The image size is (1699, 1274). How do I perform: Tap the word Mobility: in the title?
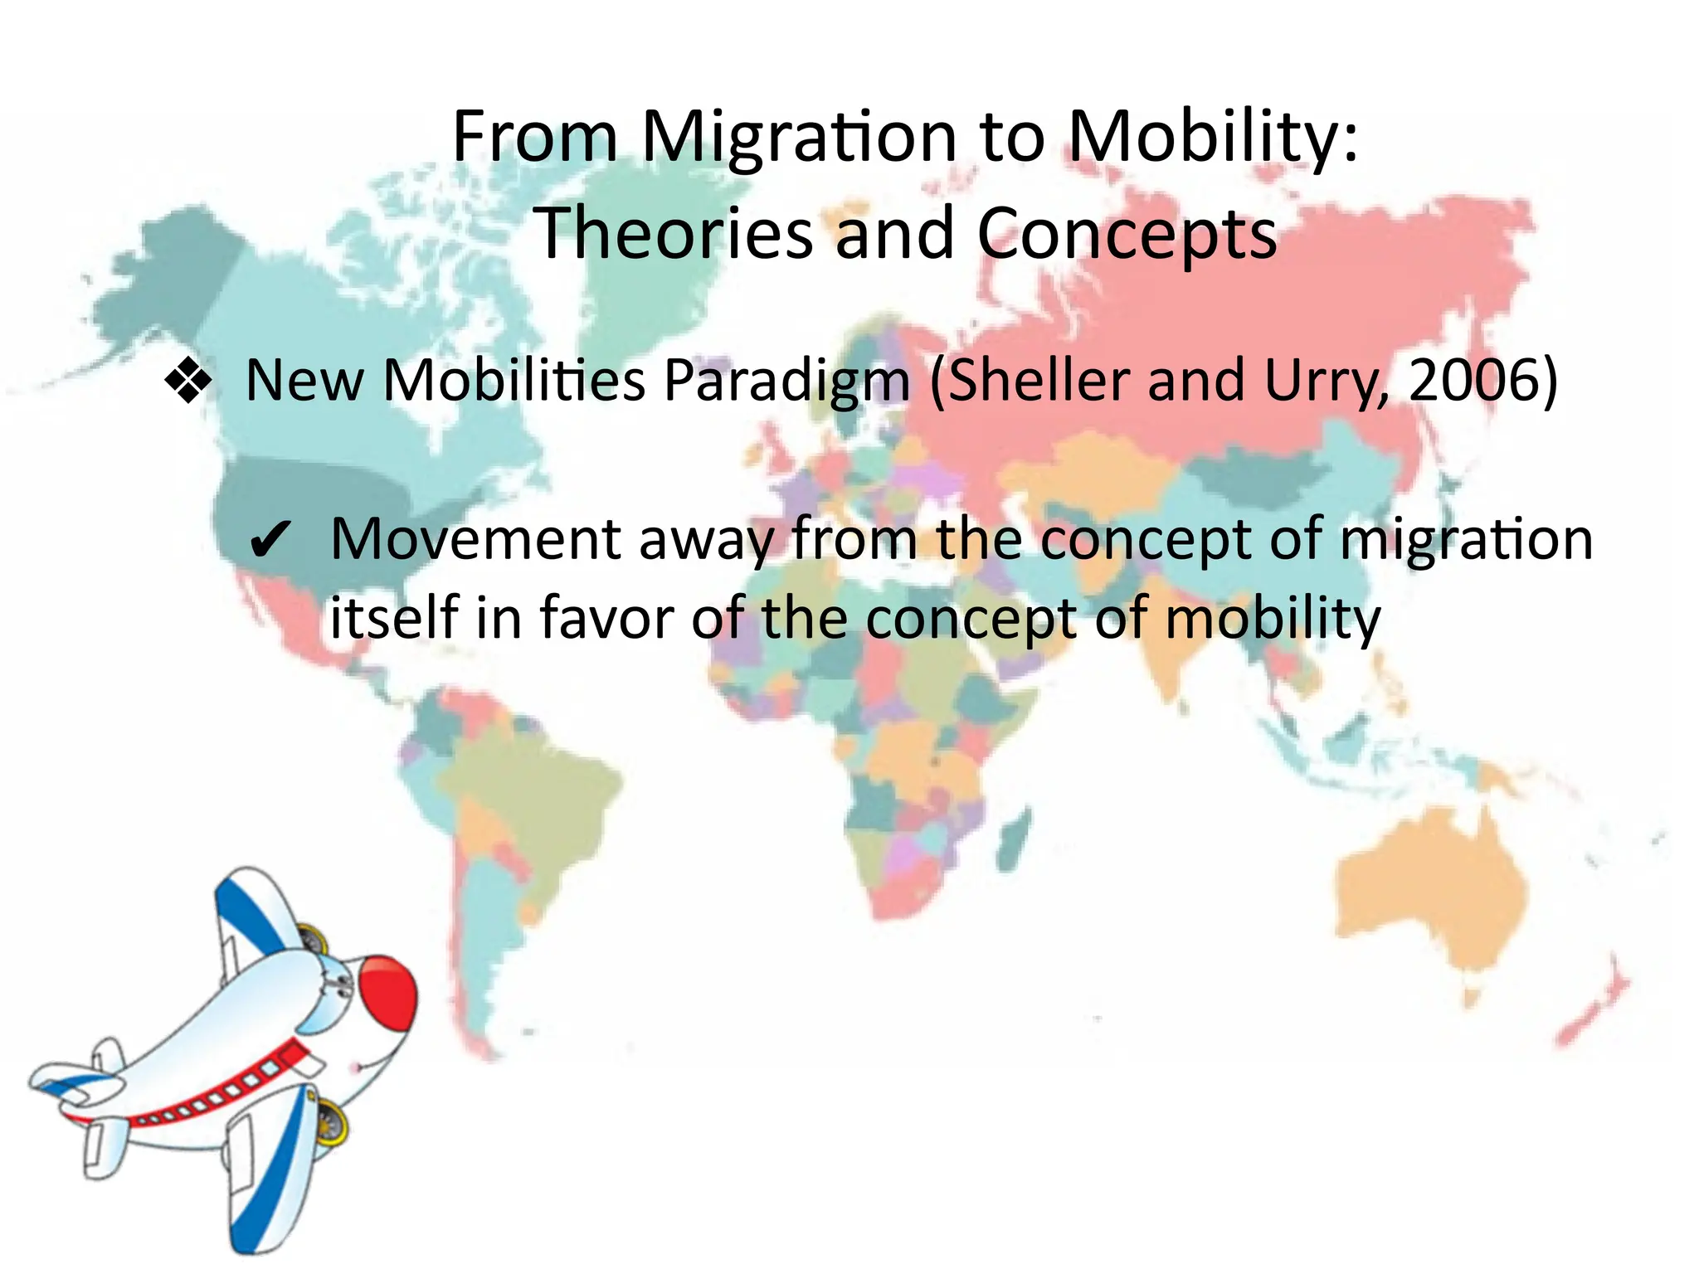click(x=1213, y=138)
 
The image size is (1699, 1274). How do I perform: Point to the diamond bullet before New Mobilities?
click(x=190, y=382)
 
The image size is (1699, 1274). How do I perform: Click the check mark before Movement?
click(x=270, y=542)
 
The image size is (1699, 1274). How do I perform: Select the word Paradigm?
click(x=787, y=382)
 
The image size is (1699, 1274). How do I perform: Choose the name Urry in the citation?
click(x=1326, y=382)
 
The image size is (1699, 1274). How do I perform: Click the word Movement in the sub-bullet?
click(x=475, y=539)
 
